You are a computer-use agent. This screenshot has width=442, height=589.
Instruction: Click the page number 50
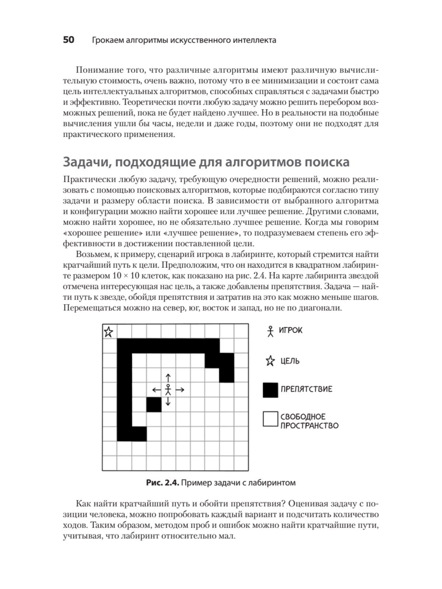(69, 40)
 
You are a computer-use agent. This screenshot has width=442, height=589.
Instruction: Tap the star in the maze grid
(108, 332)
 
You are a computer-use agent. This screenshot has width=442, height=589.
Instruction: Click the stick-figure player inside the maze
(168, 389)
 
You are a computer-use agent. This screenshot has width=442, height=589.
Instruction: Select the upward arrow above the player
(168, 378)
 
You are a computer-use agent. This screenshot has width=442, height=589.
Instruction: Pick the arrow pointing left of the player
(157, 389)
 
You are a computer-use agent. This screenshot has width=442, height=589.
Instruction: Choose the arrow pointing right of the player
(180, 389)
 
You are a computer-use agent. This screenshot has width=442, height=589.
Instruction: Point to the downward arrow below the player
(168, 401)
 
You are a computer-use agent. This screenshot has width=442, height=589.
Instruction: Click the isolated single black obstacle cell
(154, 405)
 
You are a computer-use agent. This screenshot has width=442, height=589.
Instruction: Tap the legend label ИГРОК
(291, 330)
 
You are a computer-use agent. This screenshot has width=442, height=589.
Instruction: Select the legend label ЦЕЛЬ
(290, 361)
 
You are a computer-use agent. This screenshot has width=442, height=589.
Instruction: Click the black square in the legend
(270, 390)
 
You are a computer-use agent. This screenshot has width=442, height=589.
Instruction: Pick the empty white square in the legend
(270, 419)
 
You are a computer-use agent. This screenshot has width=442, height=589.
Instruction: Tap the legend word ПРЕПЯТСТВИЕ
(306, 389)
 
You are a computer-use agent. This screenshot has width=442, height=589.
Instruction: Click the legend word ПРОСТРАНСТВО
(309, 426)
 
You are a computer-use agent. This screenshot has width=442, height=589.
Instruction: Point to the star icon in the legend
(270, 361)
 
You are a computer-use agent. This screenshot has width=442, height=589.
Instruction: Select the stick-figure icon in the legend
(271, 331)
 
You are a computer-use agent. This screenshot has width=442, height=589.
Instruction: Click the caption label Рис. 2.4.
(162, 483)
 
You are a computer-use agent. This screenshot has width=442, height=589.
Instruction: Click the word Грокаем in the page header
(107, 40)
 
